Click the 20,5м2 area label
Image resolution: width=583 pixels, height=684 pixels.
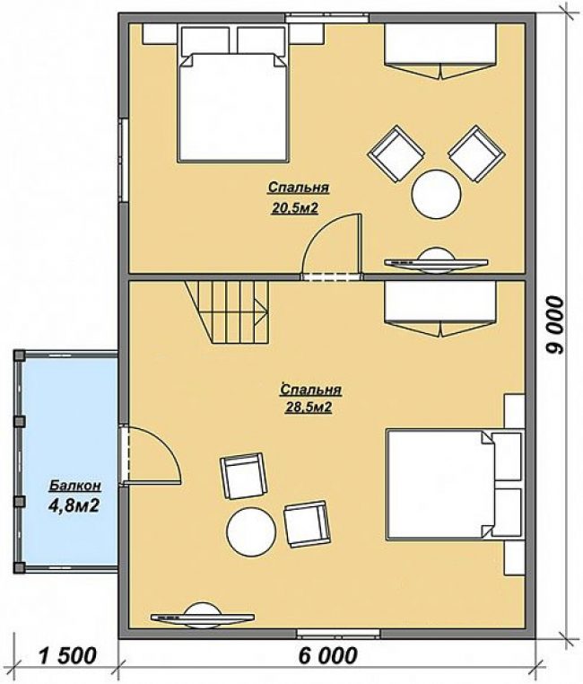(x=295, y=208)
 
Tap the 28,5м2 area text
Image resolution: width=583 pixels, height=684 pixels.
(x=309, y=407)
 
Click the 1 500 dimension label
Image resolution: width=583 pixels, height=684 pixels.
(x=67, y=655)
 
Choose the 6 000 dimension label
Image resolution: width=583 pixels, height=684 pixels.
(x=328, y=655)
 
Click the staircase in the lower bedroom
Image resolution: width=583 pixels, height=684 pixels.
(x=227, y=311)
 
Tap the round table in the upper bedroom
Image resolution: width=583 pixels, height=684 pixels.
(x=437, y=194)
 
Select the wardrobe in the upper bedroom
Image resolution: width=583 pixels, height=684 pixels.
(x=439, y=51)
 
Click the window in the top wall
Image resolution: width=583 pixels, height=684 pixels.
(x=327, y=17)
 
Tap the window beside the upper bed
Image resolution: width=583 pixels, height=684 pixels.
(x=124, y=160)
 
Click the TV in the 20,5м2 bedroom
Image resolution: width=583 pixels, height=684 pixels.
(x=437, y=261)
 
